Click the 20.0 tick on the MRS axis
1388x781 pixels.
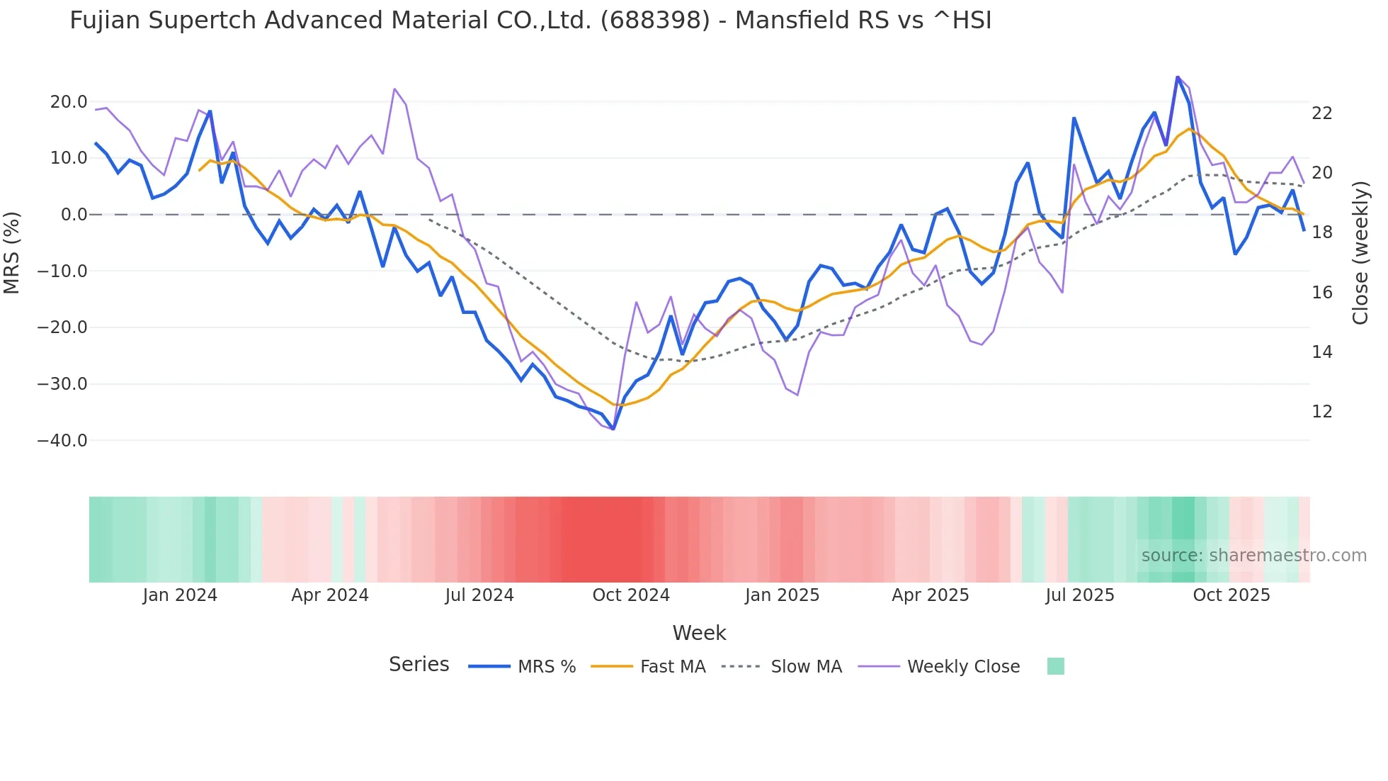(x=69, y=102)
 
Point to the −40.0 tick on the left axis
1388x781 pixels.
(x=62, y=441)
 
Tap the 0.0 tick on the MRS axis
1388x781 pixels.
(x=74, y=215)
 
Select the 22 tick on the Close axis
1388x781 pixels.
(x=1321, y=113)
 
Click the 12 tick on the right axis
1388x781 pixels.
(x=1321, y=412)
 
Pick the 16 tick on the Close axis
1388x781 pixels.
(x=1321, y=293)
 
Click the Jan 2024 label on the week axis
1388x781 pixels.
(x=180, y=595)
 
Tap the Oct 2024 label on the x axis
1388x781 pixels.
(x=631, y=595)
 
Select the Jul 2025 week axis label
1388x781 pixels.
(x=1080, y=595)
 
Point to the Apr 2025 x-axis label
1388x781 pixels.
(x=930, y=595)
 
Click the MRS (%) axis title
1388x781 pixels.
(x=12, y=252)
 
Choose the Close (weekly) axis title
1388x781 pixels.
(x=1360, y=253)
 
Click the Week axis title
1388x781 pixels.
(x=699, y=633)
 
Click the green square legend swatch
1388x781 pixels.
(x=1055, y=666)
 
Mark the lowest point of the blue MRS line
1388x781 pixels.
(x=613, y=429)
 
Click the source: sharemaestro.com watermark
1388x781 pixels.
(x=1253, y=556)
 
